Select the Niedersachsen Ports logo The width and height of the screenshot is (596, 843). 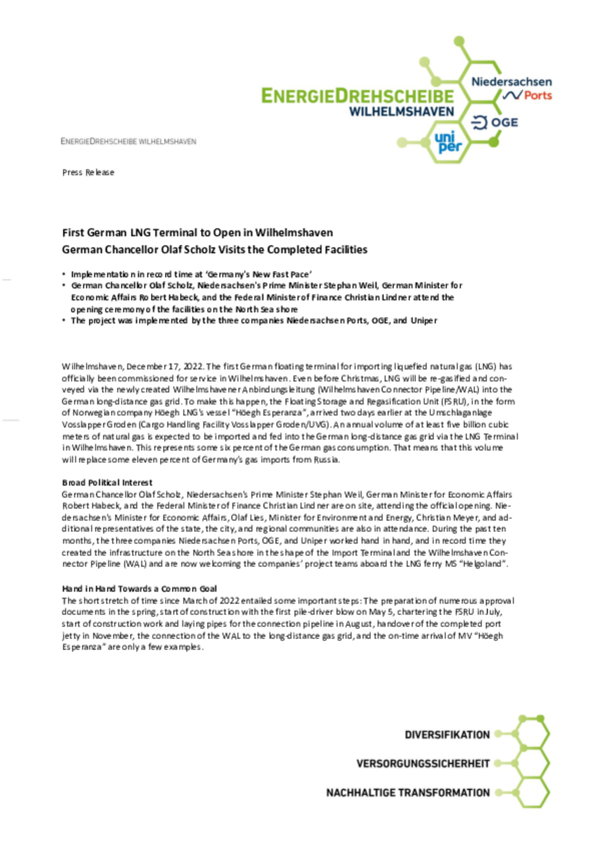tap(512, 88)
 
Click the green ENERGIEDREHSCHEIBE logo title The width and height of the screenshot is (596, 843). tap(358, 96)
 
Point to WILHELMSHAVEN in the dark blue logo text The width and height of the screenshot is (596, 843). tap(401, 112)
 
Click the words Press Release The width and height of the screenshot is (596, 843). tap(88, 172)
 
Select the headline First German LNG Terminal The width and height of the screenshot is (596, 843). tap(197, 233)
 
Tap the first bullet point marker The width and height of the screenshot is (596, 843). tap(64, 274)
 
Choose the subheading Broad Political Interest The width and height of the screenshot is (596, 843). tap(107, 483)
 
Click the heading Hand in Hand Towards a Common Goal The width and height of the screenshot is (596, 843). tap(139, 589)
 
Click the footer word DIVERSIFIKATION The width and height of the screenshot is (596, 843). tap(447, 735)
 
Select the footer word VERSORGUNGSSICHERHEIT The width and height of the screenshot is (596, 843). tap(423, 764)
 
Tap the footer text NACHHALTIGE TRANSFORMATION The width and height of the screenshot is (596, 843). tap(408, 793)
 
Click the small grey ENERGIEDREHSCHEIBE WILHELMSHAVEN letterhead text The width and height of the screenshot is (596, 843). tap(128, 141)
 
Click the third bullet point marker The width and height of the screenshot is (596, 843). tap(64, 321)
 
